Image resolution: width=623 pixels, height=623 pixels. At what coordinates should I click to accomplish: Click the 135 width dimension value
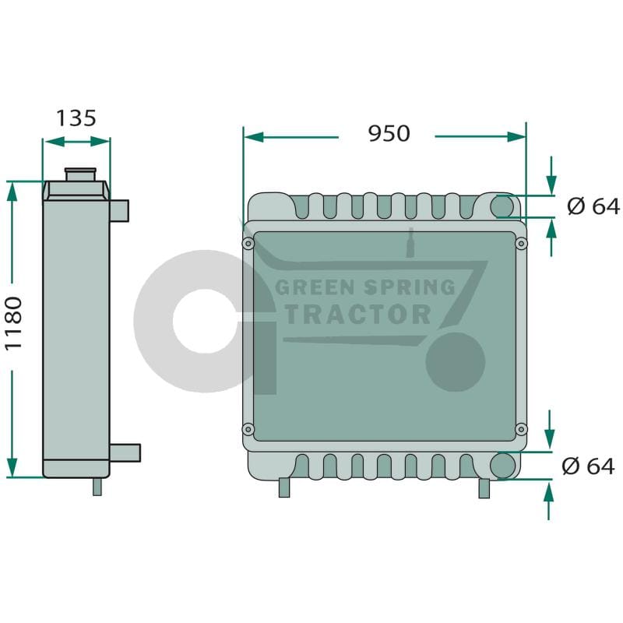click(76, 118)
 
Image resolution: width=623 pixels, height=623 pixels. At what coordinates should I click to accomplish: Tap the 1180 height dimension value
click(13, 323)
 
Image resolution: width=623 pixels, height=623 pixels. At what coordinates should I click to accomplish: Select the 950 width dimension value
click(389, 133)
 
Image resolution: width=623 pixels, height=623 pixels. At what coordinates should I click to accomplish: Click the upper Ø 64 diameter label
click(593, 206)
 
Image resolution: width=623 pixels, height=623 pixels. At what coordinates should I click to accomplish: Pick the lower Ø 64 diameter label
click(588, 466)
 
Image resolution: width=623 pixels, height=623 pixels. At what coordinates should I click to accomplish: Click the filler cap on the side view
click(81, 174)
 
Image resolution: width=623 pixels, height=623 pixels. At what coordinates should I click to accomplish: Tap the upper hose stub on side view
click(119, 210)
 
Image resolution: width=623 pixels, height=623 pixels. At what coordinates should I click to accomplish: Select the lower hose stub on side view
click(125, 453)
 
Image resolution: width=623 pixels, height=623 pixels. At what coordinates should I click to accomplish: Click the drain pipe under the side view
click(97, 486)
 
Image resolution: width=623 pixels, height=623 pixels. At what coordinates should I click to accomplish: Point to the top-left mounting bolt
click(248, 243)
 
